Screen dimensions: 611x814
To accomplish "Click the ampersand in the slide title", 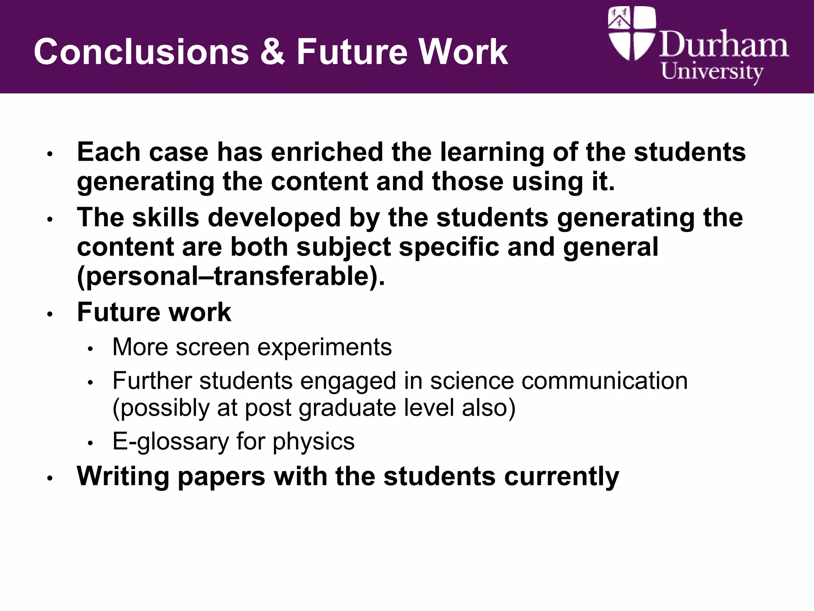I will (x=272, y=52).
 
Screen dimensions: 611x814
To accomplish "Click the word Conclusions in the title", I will (x=141, y=52).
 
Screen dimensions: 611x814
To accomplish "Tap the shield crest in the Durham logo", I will (x=632, y=33).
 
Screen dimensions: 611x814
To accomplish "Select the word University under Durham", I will (x=712, y=72).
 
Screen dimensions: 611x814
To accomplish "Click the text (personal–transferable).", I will (x=231, y=276).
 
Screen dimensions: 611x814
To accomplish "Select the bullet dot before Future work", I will (x=50, y=314).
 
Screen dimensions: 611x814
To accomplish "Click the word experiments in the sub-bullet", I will (x=324, y=347).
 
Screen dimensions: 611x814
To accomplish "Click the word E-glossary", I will (x=171, y=442).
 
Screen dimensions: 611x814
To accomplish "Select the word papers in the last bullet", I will (x=221, y=476).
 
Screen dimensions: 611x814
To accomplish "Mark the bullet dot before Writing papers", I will (x=50, y=479).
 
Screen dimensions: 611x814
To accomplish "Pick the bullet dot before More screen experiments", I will (x=90, y=349).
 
